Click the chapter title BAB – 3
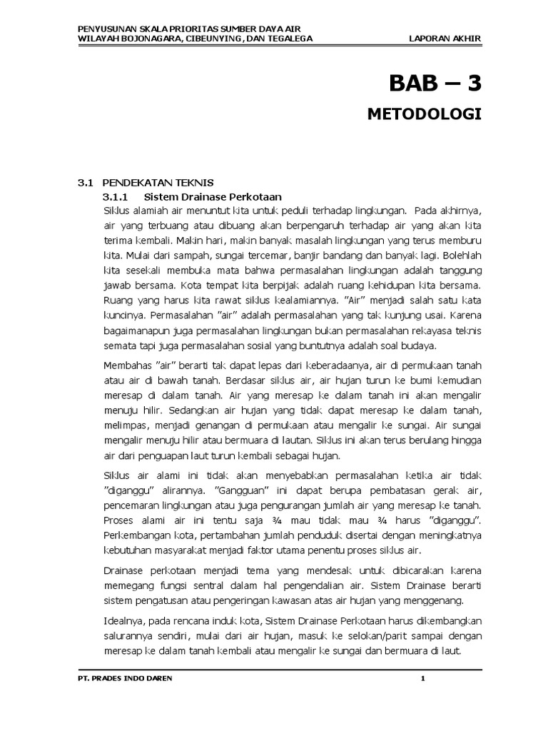[x=435, y=84]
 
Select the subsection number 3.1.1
[x=115, y=196]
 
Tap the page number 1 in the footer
[x=423, y=679]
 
